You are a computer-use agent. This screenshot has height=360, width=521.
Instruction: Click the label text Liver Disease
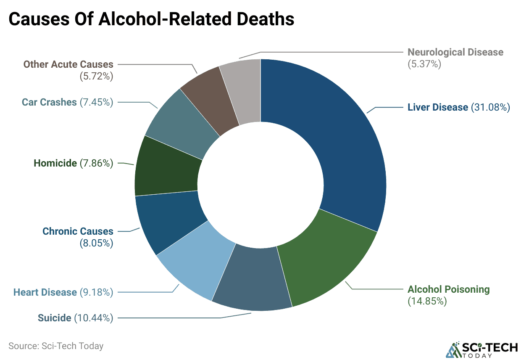click(x=437, y=107)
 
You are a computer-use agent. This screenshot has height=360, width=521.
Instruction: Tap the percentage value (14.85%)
click(x=427, y=301)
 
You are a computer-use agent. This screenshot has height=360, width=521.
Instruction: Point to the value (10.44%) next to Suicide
click(x=94, y=318)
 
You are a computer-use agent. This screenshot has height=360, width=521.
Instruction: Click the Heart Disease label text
click(x=45, y=292)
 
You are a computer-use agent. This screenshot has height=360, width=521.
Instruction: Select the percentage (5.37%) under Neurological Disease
click(x=424, y=64)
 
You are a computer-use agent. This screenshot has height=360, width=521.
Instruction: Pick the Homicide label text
click(x=55, y=163)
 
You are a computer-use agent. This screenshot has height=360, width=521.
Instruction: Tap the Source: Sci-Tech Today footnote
click(x=56, y=346)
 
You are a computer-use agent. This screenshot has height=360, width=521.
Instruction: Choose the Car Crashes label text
click(x=49, y=102)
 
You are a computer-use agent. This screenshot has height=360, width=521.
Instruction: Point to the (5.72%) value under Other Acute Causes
click(x=96, y=77)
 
